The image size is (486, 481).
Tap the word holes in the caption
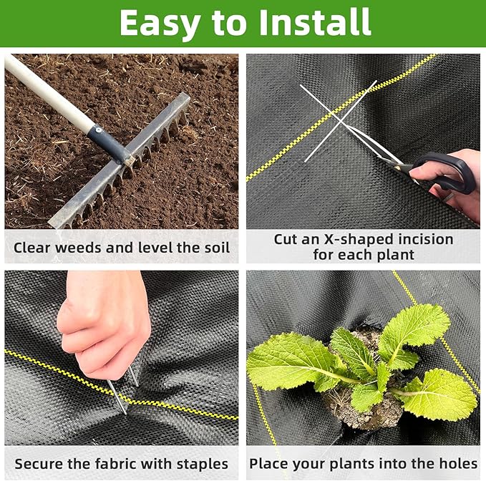457,464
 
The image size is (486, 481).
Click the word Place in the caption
267,464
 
